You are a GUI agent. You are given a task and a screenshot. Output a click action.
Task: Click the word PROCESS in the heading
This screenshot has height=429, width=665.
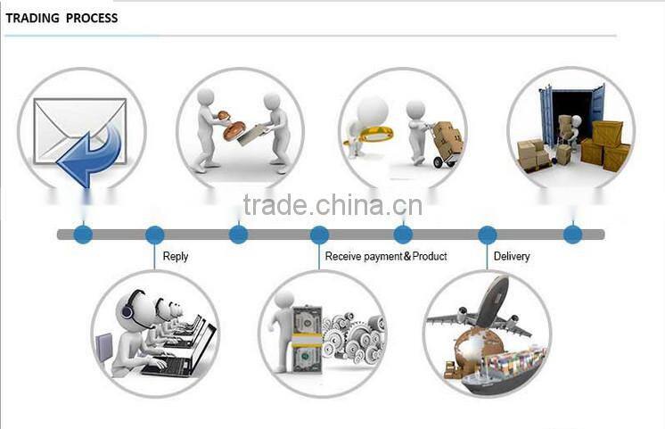91,18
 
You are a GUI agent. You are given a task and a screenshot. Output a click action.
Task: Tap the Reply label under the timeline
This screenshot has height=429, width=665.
176,256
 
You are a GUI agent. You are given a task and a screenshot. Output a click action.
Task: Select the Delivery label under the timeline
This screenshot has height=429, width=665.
512,256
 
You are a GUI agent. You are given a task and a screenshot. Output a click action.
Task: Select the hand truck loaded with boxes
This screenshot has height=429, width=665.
446,143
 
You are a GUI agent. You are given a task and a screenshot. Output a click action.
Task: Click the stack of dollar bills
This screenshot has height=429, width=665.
306,339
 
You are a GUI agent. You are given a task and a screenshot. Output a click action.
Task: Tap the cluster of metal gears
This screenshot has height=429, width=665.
352,339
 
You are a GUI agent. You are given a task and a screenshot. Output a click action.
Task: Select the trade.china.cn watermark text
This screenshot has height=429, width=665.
332,206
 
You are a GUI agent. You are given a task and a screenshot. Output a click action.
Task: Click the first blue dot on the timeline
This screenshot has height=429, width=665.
83,235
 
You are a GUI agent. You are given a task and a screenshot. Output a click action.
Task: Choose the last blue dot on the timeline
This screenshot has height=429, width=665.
573,235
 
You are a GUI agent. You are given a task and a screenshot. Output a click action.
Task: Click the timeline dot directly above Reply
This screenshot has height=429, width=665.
155,235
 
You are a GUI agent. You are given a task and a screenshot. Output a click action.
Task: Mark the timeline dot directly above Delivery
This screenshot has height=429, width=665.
488,235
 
